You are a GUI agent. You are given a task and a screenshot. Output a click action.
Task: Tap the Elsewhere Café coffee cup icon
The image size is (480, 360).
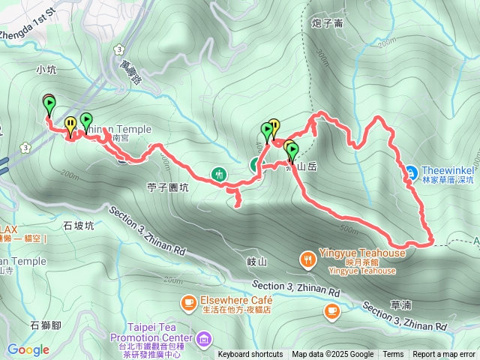[187, 302]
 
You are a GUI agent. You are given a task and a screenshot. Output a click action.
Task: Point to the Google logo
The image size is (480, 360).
[28, 349]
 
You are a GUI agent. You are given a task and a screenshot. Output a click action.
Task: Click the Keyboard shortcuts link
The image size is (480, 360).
[250, 355]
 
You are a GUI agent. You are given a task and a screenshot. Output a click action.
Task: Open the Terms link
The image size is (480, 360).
[393, 355]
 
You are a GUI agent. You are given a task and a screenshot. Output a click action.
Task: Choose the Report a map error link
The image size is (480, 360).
[444, 355]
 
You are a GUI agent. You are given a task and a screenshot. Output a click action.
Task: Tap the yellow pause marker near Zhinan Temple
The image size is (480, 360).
[70, 123]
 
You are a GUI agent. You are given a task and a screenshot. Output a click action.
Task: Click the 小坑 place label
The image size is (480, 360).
[46, 70]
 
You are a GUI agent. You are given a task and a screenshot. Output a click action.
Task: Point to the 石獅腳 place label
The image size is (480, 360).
[44, 325]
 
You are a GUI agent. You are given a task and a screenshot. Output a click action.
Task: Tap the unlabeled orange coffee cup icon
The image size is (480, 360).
[331, 310]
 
